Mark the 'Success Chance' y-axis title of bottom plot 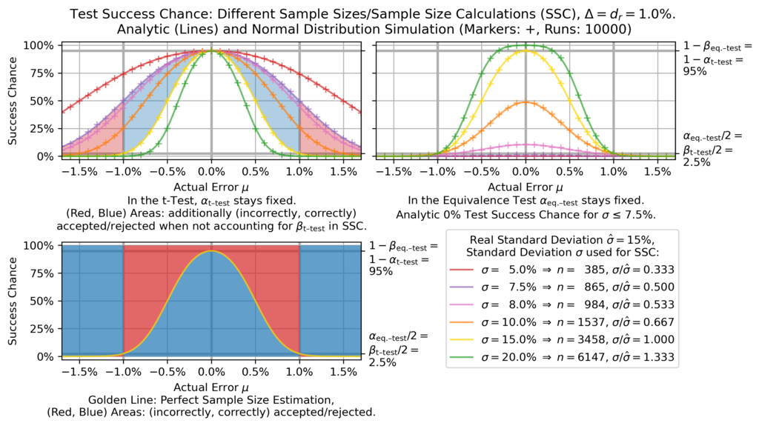coord(14,301)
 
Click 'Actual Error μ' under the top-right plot coord(526,187)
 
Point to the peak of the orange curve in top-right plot coord(526,101)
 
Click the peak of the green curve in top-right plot coord(526,46)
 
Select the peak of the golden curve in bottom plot coord(211,251)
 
